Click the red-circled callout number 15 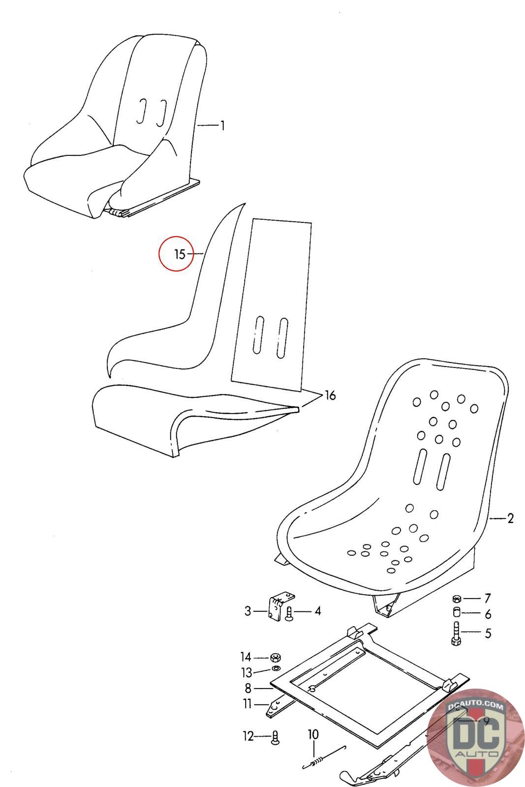coord(180,254)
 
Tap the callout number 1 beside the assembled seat coord(222,126)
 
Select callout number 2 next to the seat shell coord(510,518)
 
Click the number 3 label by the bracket coord(248,611)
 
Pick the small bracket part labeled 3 coord(278,607)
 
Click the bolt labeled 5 coord(455,633)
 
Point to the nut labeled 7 coord(456,599)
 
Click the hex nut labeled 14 coord(276,658)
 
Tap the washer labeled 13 coord(275,669)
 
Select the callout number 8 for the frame coord(248,688)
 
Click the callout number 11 coord(247,704)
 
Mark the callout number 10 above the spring coord(313,734)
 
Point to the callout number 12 coord(247,736)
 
